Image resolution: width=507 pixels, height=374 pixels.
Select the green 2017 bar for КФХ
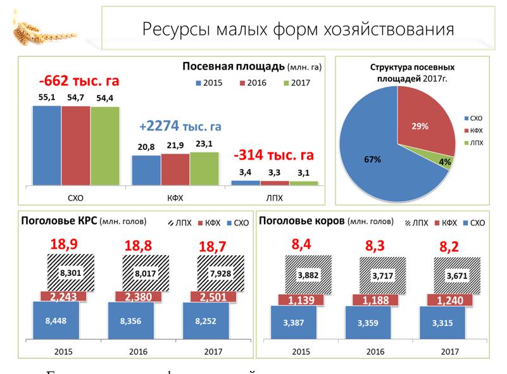point(204,168)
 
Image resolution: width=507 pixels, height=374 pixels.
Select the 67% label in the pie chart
point(372,159)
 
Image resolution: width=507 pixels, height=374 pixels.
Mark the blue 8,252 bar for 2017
point(206,321)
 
